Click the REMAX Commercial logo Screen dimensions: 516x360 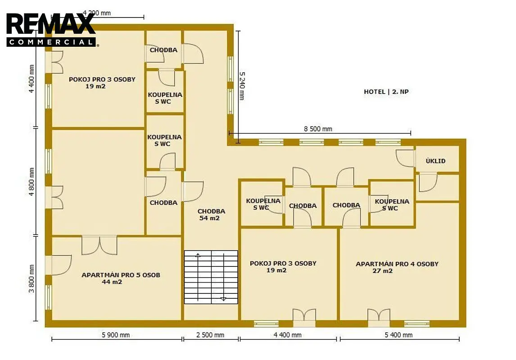click(51, 30)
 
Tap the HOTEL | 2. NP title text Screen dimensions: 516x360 click(386, 92)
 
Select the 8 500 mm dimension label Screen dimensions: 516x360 click(318, 129)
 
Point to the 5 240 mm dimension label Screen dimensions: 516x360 click(242, 86)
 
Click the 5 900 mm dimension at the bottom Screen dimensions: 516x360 click(116, 335)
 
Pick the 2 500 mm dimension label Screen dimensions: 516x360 click(210, 335)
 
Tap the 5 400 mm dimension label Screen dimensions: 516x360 click(398, 335)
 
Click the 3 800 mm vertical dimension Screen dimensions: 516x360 click(32, 279)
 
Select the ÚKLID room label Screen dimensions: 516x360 click(435, 161)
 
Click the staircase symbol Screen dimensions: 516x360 click(211, 277)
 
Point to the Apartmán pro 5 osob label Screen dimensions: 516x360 click(121, 275)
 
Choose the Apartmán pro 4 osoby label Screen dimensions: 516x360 click(397, 264)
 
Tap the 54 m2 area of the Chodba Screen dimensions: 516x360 click(209, 218)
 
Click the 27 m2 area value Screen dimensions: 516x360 click(382, 271)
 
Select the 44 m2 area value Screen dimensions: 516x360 click(112, 282)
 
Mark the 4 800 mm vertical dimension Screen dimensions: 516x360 click(32, 182)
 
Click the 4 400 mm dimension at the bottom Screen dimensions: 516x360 click(288, 335)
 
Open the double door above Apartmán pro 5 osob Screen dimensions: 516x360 click(100, 245)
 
